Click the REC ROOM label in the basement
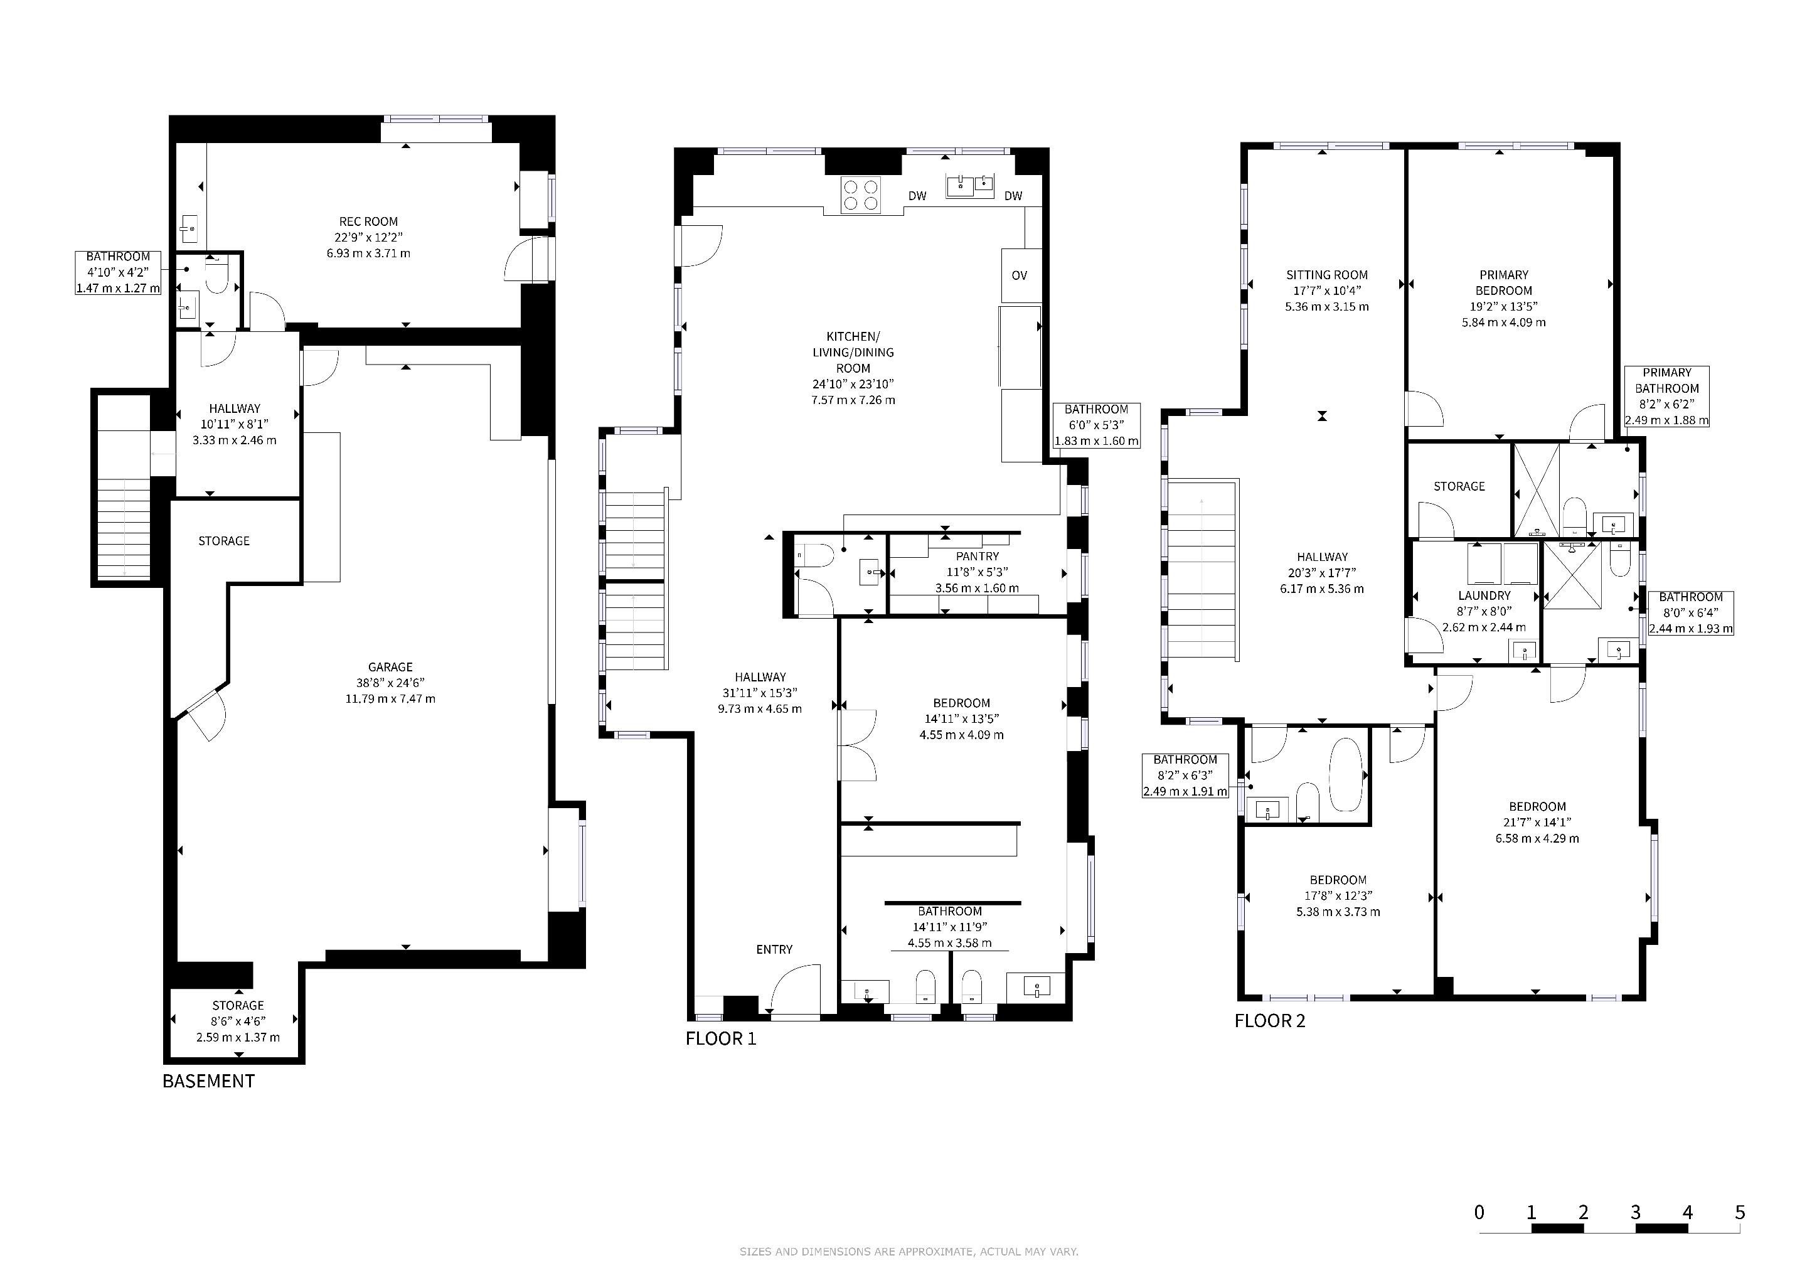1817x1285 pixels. [368, 221]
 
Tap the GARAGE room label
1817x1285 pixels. [390, 667]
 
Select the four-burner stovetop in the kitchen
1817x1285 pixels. [861, 195]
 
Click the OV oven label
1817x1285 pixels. [1020, 275]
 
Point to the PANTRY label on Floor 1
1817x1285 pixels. [978, 557]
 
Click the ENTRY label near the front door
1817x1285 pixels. [774, 949]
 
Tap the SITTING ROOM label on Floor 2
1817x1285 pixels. [1327, 275]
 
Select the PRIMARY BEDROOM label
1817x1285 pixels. [1504, 282]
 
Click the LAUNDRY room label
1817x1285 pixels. [1484, 596]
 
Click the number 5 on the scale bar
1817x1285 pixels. [1739, 1212]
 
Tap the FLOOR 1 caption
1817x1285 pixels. [721, 1038]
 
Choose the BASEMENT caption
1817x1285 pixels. [209, 1081]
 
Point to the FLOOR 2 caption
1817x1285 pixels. [1270, 1021]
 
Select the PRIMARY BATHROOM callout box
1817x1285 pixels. [1666, 397]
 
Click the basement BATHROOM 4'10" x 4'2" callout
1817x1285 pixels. [118, 273]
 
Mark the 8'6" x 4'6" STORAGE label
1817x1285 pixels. [238, 1021]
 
